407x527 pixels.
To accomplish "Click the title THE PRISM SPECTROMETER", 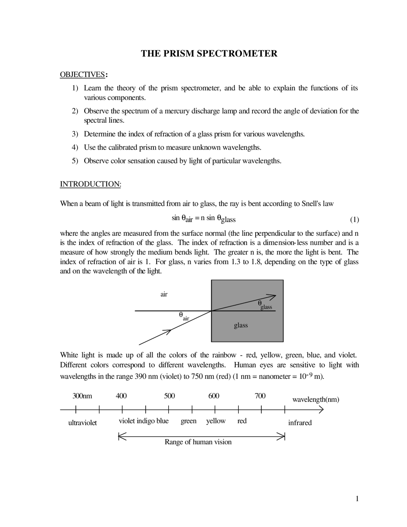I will (209, 53).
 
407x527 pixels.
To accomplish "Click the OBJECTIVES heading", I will (82, 75).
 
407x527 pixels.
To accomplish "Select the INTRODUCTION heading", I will (90, 184).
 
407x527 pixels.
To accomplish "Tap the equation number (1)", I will (354, 220).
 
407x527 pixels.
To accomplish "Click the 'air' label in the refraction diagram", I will (164, 294).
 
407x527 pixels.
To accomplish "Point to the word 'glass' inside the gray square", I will (241, 325).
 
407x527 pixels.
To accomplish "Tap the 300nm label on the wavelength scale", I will (82, 396).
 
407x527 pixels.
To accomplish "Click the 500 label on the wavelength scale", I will (169, 396).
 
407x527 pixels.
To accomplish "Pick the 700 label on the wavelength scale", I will (260, 396).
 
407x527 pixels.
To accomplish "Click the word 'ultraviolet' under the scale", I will (82, 423).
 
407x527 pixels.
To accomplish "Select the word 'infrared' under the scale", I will (300, 423).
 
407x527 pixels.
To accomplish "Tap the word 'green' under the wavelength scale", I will (189, 421).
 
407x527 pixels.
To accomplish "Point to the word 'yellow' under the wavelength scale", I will (216, 421).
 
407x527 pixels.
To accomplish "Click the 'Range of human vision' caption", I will (198, 442).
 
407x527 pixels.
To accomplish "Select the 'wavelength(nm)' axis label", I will (315, 400).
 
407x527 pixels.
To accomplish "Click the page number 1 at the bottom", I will (357, 499).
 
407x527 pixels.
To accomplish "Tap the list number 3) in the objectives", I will (75, 134).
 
